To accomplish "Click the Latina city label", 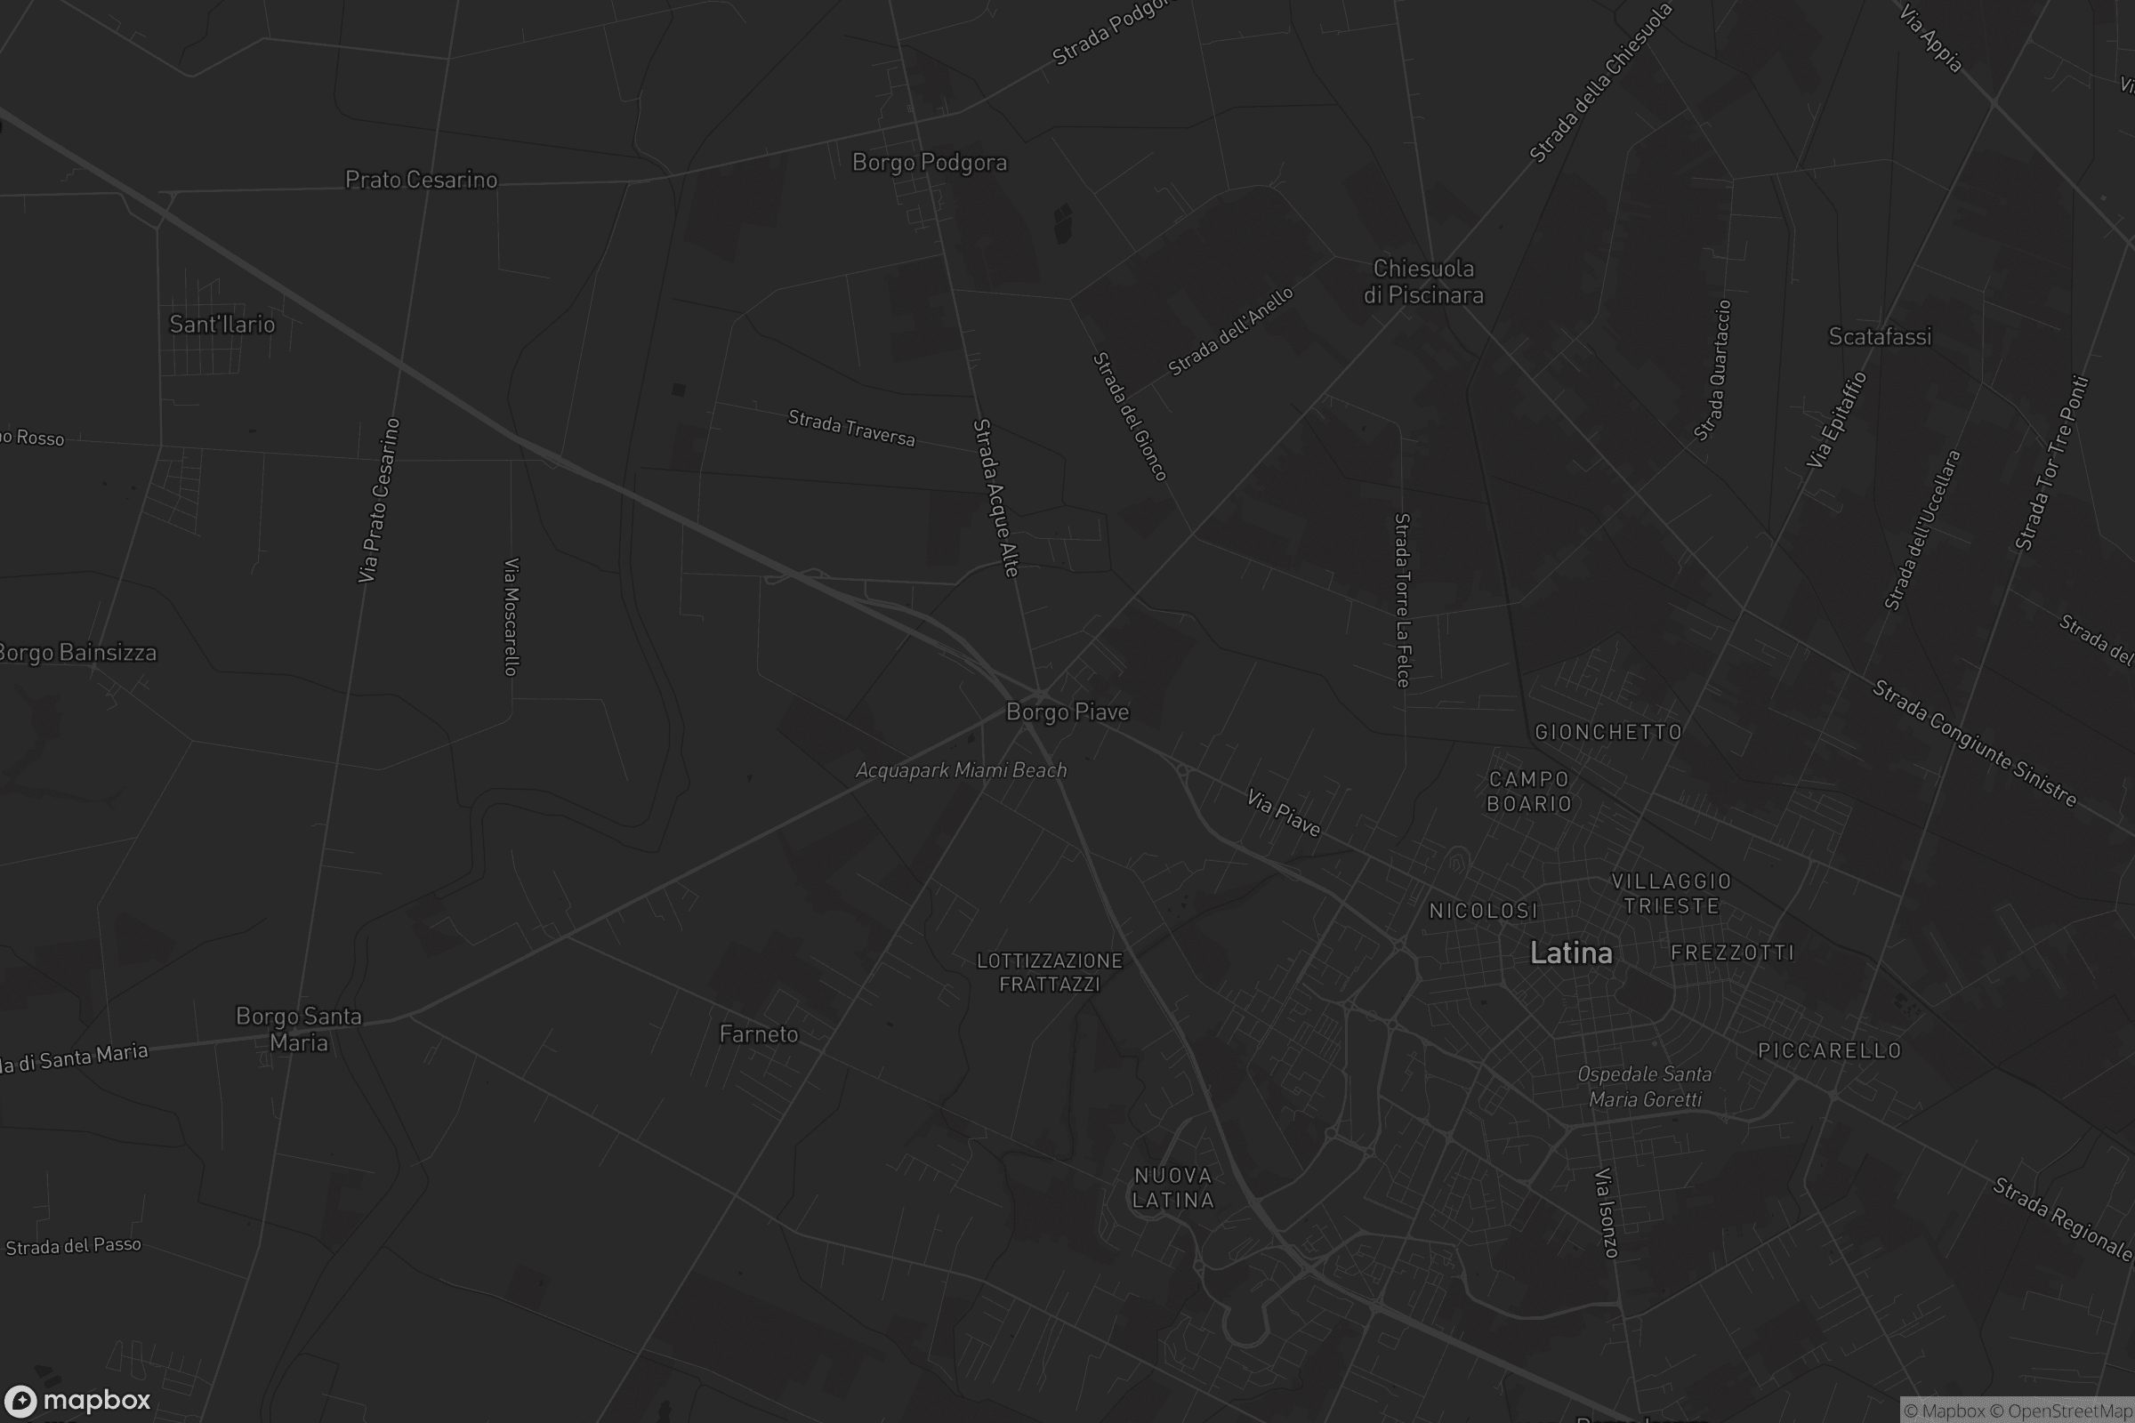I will [x=1571, y=953].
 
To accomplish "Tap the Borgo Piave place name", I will [x=1067, y=712].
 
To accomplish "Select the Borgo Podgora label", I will [x=930, y=163].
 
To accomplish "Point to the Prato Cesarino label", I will [x=421, y=180].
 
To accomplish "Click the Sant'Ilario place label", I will [x=222, y=324].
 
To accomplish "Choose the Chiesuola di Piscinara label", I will [x=1423, y=281].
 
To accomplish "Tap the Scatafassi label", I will [x=1880, y=337].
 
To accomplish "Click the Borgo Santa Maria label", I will [x=299, y=1029].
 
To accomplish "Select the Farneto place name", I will [x=759, y=1034].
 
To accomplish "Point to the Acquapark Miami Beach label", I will [x=962, y=770].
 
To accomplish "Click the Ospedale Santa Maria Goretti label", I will [x=1645, y=1086].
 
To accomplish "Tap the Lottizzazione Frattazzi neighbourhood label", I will [x=1050, y=972].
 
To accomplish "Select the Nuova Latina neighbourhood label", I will [x=1172, y=1188].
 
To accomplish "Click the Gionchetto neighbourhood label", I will [x=1608, y=732].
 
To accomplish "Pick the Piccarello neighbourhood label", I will [x=1830, y=1051].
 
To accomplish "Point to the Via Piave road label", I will [x=1284, y=812].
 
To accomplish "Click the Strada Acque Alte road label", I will [x=995, y=498].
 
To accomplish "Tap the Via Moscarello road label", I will [x=511, y=617].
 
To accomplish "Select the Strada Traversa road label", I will [x=851, y=429].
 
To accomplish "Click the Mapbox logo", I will [x=77, y=1400].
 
